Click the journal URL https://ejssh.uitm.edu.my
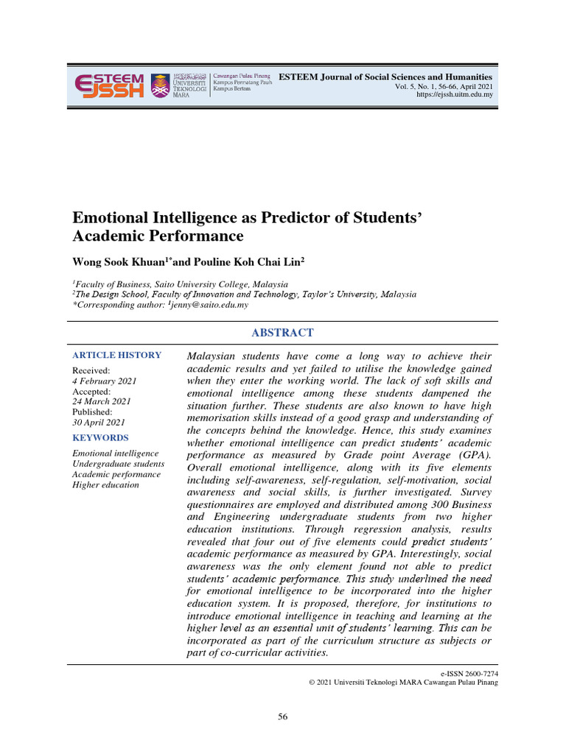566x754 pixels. coord(455,95)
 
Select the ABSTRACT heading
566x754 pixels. coord(282,333)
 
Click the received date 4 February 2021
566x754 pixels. coord(104,381)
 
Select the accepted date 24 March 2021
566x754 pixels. coord(101,401)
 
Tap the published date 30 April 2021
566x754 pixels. coord(99,422)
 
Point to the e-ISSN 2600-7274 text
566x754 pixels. coord(469,673)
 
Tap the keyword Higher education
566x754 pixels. coord(105,485)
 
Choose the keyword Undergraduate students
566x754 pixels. coord(118,464)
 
